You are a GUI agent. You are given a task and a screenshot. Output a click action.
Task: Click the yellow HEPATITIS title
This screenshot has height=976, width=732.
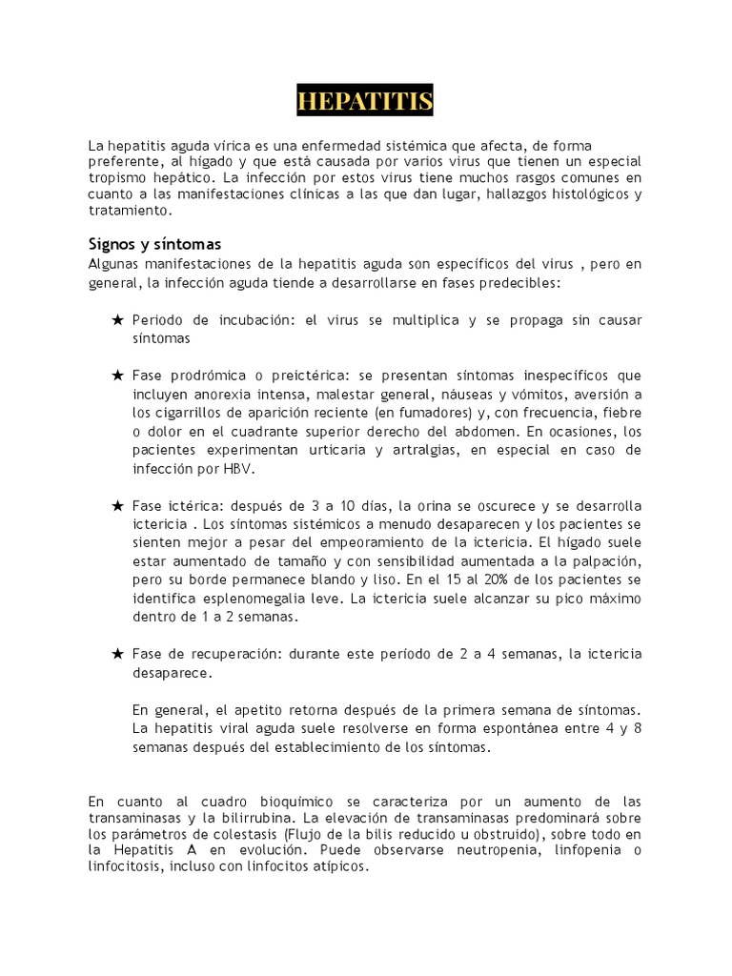click(365, 101)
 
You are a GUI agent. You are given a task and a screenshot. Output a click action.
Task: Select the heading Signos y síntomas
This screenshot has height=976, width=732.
click(154, 244)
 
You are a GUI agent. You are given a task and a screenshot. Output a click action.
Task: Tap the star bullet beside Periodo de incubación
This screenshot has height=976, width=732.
click(117, 320)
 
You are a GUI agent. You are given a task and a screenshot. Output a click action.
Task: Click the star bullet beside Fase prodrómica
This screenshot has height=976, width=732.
click(117, 376)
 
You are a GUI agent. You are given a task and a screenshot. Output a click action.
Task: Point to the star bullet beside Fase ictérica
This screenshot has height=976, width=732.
click(117, 505)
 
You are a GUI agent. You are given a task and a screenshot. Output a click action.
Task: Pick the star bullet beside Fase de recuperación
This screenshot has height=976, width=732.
click(117, 654)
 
